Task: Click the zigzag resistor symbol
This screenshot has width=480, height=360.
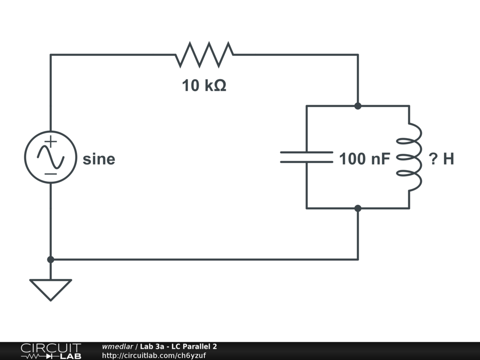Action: point(204,54)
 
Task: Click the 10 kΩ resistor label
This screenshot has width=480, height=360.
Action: point(204,86)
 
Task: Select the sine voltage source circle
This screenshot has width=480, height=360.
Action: point(51,157)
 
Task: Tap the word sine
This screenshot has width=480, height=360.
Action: point(99,159)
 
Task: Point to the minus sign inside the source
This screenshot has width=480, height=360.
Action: point(51,174)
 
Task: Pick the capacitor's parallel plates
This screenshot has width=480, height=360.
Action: point(307,157)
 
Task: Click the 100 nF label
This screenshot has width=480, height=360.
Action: point(365,159)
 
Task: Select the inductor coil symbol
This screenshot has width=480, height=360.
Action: point(410,157)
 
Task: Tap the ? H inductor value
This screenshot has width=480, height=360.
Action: point(442,159)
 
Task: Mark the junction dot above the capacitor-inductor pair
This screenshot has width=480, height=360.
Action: point(358,106)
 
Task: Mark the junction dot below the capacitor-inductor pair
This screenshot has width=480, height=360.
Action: point(358,208)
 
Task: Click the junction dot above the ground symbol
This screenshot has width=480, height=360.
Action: point(51,259)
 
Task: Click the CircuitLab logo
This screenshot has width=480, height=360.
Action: point(51,351)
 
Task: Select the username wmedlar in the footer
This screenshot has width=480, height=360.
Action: point(118,347)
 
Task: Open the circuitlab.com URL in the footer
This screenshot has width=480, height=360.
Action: point(154,355)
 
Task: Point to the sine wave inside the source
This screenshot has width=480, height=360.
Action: point(51,157)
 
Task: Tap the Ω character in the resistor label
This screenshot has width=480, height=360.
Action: point(220,86)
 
